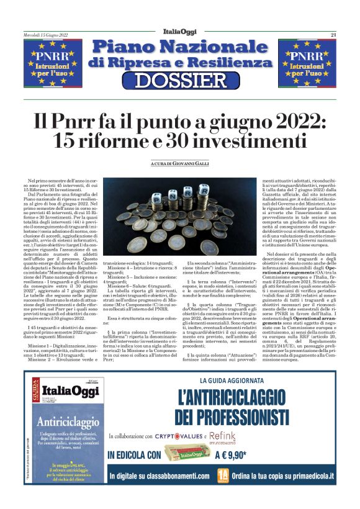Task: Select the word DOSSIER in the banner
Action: point(179,80)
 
